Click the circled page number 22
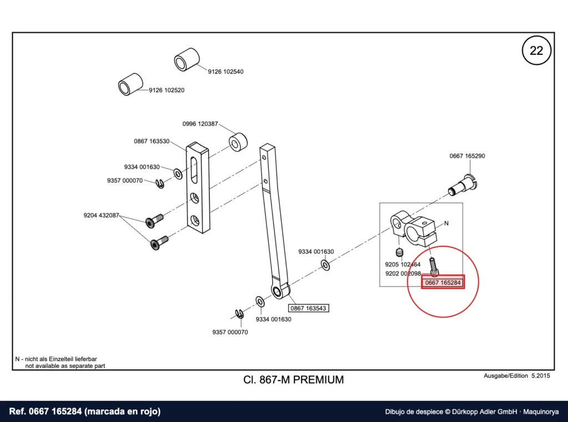tap(536, 50)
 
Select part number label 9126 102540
tap(225, 71)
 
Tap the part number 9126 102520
tap(166, 90)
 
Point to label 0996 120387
tap(200, 123)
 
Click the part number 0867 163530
tap(151, 141)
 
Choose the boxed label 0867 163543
tap(308, 308)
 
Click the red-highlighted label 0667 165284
tap(443, 282)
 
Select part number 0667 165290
tap(467, 156)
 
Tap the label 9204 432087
tap(101, 215)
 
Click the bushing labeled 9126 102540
tap(186, 60)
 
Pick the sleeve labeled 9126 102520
tap(130, 84)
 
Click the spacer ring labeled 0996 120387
tap(238, 142)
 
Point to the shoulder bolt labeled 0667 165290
tap(463, 184)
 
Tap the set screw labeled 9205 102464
tap(399, 253)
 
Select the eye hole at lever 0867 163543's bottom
tap(278, 292)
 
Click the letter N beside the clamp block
tap(447, 223)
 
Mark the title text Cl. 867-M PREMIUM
tap(293, 380)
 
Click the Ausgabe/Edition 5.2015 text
tap(516, 375)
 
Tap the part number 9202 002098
tap(403, 274)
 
